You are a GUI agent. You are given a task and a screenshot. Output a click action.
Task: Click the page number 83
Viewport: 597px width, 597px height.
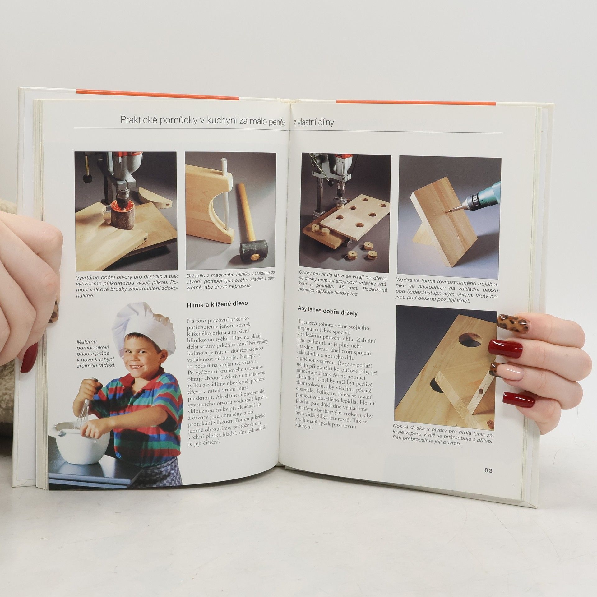(488, 470)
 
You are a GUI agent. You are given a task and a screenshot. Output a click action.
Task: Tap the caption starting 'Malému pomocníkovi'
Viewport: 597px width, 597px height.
(96, 354)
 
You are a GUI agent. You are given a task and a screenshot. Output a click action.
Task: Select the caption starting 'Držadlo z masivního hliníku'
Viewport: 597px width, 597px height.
(231, 281)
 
